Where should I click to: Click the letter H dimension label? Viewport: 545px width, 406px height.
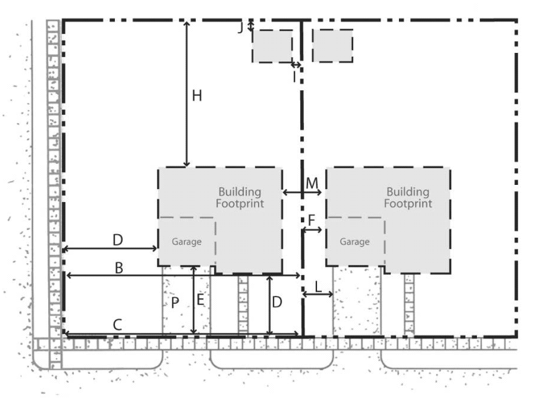[x=197, y=96]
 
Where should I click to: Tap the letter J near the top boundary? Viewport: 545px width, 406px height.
[x=240, y=28]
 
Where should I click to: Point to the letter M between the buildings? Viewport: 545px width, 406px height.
[x=312, y=183]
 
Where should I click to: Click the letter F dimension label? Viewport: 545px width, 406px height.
[x=311, y=220]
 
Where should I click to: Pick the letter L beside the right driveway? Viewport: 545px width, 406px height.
[x=318, y=287]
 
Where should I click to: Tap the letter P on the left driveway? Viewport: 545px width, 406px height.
[x=175, y=303]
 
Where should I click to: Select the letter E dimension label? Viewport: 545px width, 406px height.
[x=200, y=300]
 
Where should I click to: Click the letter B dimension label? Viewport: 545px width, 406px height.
[x=119, y=268]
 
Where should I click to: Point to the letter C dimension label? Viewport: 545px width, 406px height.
[x=117, y=324]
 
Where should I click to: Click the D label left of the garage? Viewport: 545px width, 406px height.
[x=118, y=240]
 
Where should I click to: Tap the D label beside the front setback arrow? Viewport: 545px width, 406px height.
[x=277, y=302]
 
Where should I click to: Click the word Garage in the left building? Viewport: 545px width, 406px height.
[x=187, y=242]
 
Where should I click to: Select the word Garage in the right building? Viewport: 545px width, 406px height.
[x=355, y=242]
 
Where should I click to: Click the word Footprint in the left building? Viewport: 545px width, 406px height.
[x=240, y=203]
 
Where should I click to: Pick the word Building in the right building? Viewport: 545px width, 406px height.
[x=408, y=192]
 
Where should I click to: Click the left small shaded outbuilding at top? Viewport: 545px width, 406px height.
[x=272, y=46]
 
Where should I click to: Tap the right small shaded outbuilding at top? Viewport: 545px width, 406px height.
[x=333, y=46]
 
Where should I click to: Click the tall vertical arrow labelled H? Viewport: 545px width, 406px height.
[x=187, y=94]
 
